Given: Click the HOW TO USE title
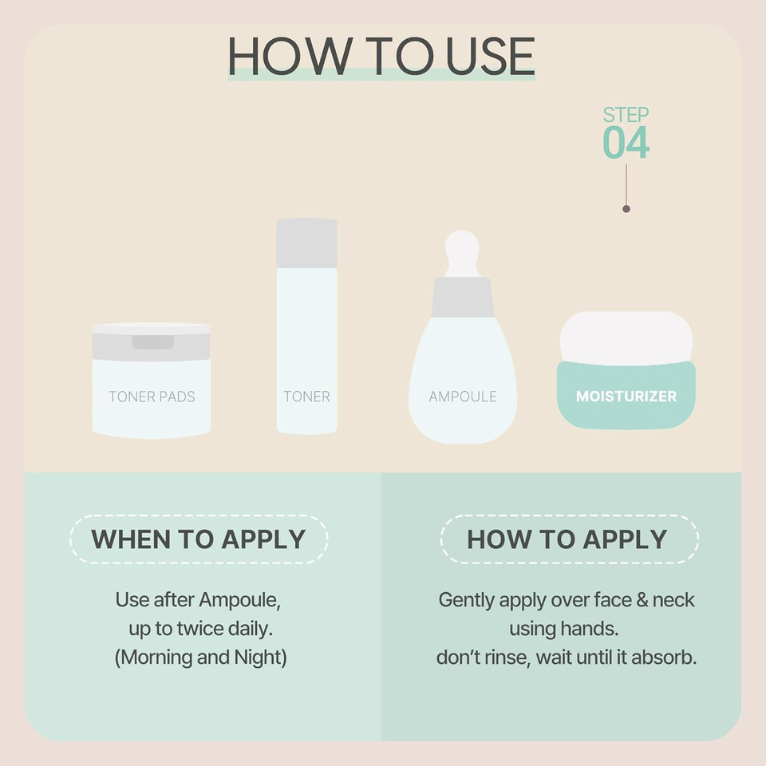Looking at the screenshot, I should tap(381, 55).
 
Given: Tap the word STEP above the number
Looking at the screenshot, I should tap(626, 115).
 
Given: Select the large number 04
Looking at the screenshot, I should tap(626, 143).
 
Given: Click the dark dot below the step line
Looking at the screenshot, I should tap(626, 209).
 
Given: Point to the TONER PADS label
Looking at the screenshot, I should tap(152, 397).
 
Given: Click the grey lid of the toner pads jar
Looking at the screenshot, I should tap(152, 343).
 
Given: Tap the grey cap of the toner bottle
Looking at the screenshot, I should tap(306, 243).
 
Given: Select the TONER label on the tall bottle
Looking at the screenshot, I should tap(306, 397).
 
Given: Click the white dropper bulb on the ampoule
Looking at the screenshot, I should tap(462, 251).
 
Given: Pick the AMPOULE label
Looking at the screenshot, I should tap(463, 397).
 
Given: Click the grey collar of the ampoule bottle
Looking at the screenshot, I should tap(462, 297).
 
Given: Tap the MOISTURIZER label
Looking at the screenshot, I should tap(626, 397).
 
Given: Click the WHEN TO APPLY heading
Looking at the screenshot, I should tap(199, 539).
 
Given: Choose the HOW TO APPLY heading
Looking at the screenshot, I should tap(567, 539).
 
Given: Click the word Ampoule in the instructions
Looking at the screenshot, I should tap(239, 599).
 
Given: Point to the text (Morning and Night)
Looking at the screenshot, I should tap(201, 658).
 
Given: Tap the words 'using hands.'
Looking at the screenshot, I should tap(563, 629).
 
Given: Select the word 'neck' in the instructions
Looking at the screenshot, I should tap(673, 599).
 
